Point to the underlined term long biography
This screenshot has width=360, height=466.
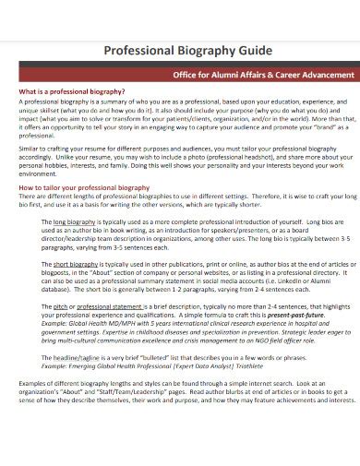74,222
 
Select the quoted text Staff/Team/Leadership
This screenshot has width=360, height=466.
129,392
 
